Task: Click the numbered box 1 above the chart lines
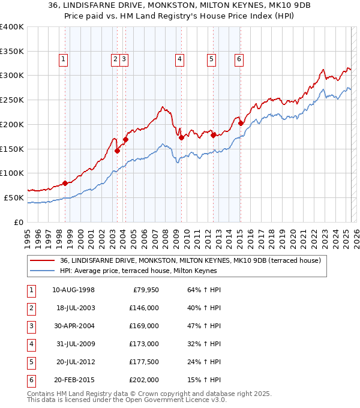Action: pyautogui.click(x=63, y=59)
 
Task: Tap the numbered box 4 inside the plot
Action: pyautogui.click(x=179, y=59)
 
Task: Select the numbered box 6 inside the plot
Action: pyautogui.click(x=239, y=59)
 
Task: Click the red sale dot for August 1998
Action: pyautogui.click(x=65, y=184)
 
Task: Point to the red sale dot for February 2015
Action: pyautogui.click(x=241, y=124)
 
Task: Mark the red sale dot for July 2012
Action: pyautogui.click(x=213, y=135)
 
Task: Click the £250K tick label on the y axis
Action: pyautogui.click(x=12, y=100)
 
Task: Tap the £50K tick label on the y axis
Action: pyautogui.click(x=14, y=197)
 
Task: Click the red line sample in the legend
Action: pyautogui.click(x=42, y=260)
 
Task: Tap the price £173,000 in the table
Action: pyautogui.click(x=144, y=344)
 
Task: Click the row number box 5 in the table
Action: pyautogui.click(x=31, y=362)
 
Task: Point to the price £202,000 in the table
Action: pyautogui.click(x=144, y=380)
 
